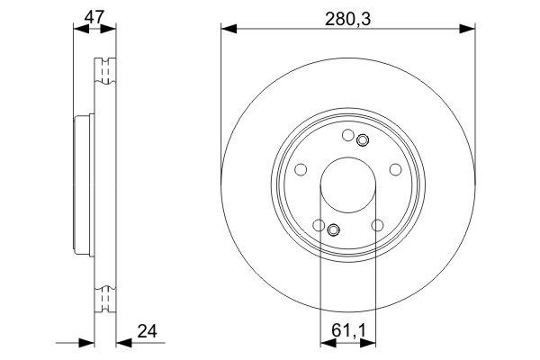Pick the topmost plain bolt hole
click(x=348, y=136)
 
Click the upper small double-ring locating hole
click(x=362, y=140)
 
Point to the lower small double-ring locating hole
click(x=334, y=230)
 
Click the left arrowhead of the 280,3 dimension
click(x=227, y=30)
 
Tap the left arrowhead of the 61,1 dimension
click(x=328, y=343)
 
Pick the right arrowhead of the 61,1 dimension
click(x=369, y=343)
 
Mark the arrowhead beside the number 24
click(x=121, y=343)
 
